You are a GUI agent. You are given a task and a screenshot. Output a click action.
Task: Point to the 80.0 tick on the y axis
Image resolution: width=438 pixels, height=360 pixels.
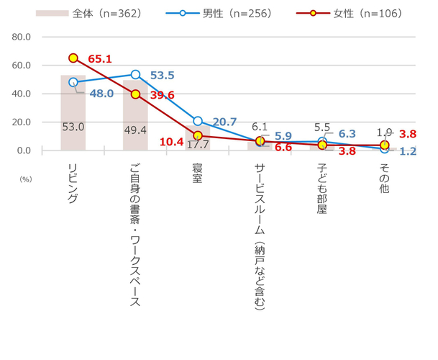21,37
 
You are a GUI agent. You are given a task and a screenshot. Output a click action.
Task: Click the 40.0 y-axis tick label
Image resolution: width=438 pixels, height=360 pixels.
21,94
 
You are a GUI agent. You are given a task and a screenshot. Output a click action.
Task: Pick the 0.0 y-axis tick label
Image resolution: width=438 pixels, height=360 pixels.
24,150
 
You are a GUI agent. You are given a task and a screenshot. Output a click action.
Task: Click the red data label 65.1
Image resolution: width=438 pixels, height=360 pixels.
100,58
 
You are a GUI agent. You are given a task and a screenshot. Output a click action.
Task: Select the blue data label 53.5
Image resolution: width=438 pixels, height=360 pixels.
163,75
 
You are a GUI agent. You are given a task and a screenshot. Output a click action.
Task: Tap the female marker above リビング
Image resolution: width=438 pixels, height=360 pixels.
73,58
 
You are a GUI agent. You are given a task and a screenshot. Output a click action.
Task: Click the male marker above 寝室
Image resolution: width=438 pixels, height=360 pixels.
198,121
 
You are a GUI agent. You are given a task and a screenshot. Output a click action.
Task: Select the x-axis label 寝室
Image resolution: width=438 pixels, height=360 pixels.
197,175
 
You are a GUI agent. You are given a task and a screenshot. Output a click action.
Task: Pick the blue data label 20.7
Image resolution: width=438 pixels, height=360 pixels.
224,122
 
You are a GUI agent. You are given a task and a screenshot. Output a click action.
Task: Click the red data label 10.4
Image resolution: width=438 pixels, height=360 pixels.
170,143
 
